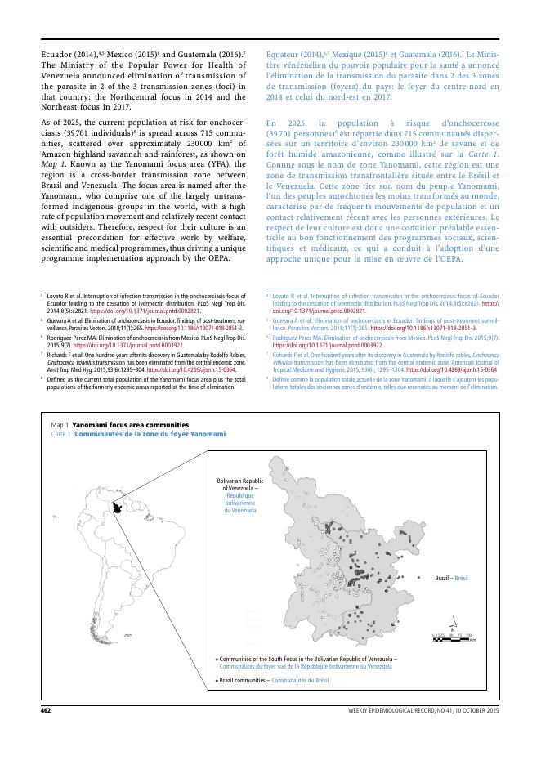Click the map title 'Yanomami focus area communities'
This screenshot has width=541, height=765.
click(131, 426)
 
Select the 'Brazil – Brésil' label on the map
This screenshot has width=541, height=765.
click(454, 577)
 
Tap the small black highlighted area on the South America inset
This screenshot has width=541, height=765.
click(123, 508)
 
